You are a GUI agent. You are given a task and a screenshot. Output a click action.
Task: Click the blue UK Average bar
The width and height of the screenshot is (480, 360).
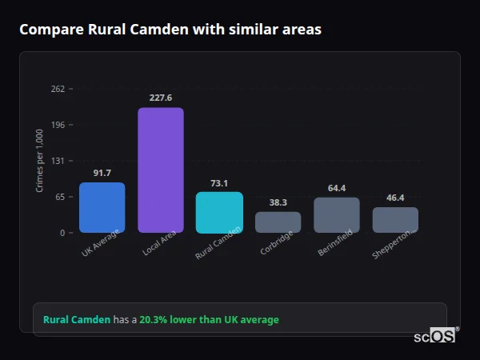[x=102, y=208]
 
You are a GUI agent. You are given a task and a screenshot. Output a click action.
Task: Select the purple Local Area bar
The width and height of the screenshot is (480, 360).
[x=161, y=170]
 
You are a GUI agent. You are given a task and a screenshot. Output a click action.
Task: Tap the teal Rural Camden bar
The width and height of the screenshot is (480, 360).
[x=219, y=213]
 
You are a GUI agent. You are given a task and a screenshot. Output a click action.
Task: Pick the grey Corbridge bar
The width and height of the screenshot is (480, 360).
[x=278, y=222]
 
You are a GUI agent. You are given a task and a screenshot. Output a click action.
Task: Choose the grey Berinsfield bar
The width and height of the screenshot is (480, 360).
[x=337, y=215]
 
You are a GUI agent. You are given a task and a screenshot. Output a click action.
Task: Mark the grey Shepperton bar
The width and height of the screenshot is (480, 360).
[x=395, y=220]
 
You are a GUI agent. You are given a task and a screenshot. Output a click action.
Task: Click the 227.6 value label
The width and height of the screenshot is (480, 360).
[x=161, y=98]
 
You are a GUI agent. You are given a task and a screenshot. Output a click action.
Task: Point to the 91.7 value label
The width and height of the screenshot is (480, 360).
[x=102, y=173]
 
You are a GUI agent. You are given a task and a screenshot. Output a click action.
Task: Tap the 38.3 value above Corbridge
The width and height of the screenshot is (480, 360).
[x=278, y=202]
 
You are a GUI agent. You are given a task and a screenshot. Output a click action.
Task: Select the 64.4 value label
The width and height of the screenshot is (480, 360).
[x=337, y=188]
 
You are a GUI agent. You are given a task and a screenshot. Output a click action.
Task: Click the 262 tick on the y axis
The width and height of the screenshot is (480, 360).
[x=58, y=89]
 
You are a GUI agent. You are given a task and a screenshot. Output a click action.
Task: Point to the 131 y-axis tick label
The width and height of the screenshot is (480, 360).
[x=58, y=161]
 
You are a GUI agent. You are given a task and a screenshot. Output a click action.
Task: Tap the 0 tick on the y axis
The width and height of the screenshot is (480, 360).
[x=62, y=233]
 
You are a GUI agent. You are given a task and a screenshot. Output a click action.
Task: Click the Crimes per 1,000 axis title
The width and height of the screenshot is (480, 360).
[x=39, y=161]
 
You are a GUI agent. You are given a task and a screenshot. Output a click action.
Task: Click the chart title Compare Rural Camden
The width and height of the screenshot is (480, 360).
[x=170, y=30]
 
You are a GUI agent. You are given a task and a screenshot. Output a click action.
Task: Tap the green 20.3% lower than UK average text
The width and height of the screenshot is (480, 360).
[x=209, y=320]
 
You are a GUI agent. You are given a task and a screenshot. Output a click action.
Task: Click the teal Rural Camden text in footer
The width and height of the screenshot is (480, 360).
[x=77, y=320]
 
